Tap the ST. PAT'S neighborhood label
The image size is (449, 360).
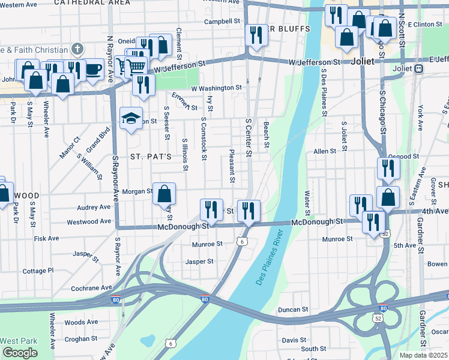151,157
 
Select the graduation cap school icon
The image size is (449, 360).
130,118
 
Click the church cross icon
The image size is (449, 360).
77,48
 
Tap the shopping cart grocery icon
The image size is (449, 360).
137,68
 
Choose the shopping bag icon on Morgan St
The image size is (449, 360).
164,194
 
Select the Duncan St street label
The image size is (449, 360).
293,310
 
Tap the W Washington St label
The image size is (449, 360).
216,88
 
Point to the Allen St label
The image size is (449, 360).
325,151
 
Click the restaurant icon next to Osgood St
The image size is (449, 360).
388,168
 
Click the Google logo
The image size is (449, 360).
20,352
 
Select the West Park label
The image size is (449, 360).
19,341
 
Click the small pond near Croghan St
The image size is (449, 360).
146,338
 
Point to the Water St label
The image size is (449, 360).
307,203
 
